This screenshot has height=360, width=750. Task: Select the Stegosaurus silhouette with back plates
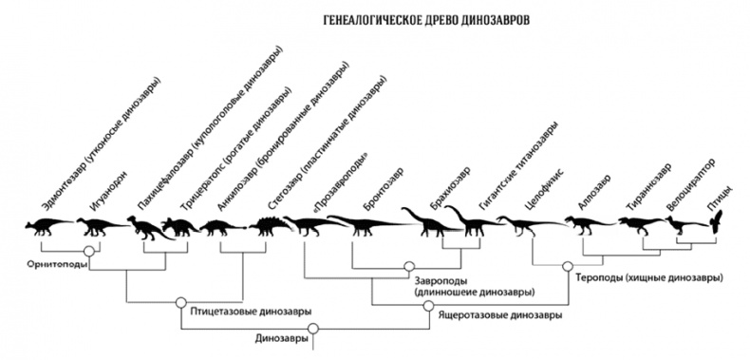265,225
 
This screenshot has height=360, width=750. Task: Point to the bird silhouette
719,221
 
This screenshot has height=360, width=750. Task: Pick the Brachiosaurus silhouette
432,221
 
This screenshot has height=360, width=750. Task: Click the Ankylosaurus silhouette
221,227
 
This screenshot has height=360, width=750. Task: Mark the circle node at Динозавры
309,331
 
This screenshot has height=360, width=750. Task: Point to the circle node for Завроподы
409,267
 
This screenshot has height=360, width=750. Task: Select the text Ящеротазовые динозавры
497,313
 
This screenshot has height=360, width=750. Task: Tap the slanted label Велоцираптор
690,187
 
